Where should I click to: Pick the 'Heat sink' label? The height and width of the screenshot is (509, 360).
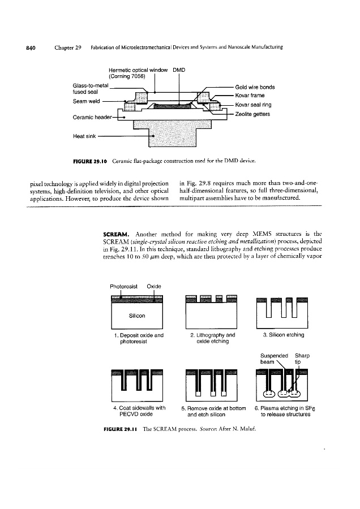(86, 136)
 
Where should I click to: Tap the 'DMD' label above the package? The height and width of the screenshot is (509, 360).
(179, 70)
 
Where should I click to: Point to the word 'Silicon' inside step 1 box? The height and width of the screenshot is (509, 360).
(138, 315)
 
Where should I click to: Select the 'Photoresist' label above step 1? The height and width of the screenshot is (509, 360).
(125, 286)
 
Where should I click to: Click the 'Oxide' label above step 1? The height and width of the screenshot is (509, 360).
(155, 286)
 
